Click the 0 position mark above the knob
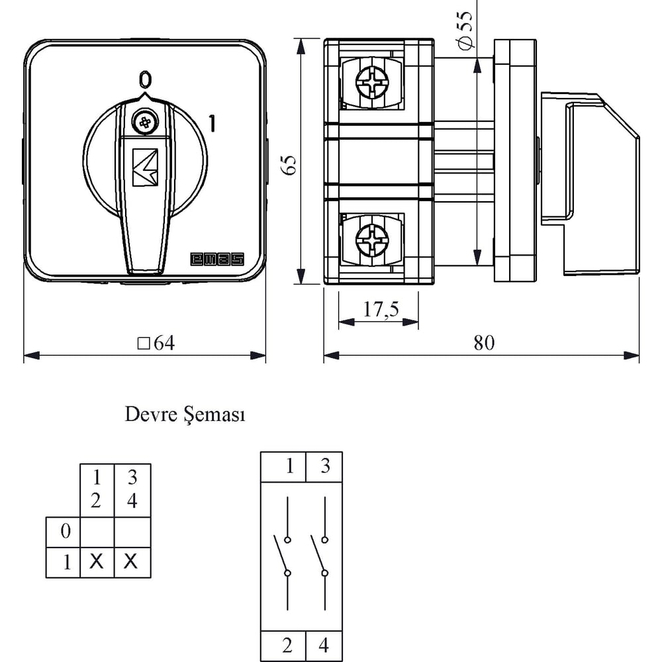pyautogui.click(x=145, y=79)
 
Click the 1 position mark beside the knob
pyautogui.click(x=212, y=123)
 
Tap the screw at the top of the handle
pyautogui.click(x=145, y=123)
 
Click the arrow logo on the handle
pyautogui.click(x=145, y=167)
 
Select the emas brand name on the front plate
pyautogui.click(x=217, y=260)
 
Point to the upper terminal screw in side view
pyautogui.click(x=371, y=83)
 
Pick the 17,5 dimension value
pyautogui.click(x=381, y=309)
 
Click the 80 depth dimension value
pyautogui.click(x=484, y=343)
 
